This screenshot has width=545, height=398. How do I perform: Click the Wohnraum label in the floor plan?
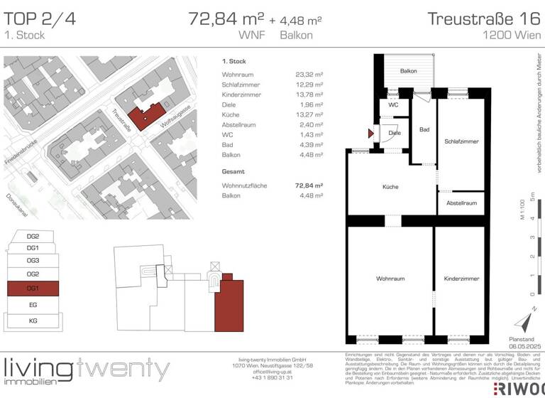390,279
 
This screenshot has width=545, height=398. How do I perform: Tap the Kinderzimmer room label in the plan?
458,279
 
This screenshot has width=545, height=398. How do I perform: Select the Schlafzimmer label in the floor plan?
459,141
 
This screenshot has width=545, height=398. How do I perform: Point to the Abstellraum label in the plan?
461,203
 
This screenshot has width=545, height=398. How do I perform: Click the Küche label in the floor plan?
390,187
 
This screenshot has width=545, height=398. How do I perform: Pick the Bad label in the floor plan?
424,130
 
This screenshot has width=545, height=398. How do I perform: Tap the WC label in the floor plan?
393,105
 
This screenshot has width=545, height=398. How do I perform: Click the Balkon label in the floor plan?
408,71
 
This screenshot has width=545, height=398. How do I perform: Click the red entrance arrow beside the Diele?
370,132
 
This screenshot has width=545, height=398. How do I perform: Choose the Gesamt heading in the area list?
233,172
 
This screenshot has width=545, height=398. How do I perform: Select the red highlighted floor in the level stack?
33,289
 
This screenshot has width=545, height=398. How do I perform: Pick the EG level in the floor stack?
33,304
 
